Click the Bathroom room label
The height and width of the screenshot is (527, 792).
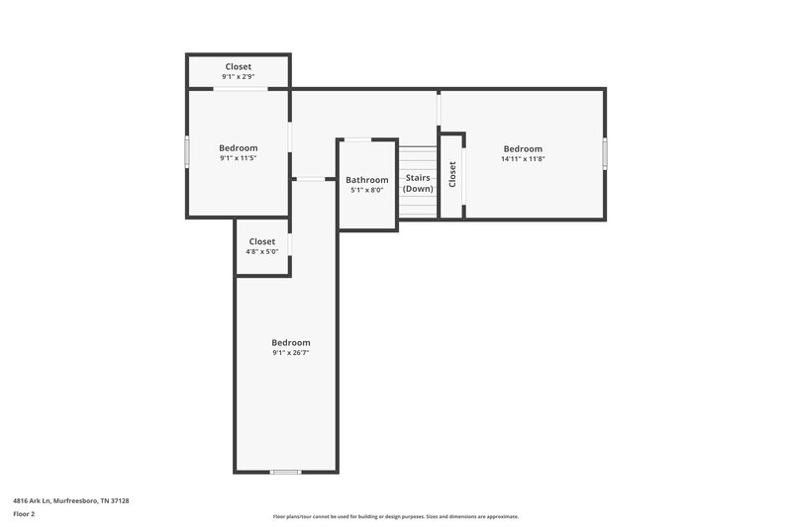366,180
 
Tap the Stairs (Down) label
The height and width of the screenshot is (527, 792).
418,183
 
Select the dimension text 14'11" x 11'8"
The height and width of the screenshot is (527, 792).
523,159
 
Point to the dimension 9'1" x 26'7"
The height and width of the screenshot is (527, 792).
291,353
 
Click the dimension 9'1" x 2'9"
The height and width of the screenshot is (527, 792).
238,77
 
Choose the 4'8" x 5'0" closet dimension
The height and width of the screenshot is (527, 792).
262,251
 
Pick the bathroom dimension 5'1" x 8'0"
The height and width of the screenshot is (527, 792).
366,190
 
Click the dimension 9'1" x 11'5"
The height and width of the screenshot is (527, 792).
238,158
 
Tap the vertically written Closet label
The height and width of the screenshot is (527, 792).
452,175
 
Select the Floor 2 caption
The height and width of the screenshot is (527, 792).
24,514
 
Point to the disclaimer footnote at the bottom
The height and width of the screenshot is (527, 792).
396,516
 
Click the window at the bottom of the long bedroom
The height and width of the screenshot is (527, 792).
285,472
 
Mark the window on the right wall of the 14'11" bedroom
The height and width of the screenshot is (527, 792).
605,153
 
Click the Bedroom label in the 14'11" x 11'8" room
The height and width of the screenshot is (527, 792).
523,148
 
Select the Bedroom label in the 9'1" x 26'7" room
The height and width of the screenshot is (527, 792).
291,342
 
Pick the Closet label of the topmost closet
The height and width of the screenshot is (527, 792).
238,66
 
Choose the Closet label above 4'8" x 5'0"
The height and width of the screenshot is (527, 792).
262,241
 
